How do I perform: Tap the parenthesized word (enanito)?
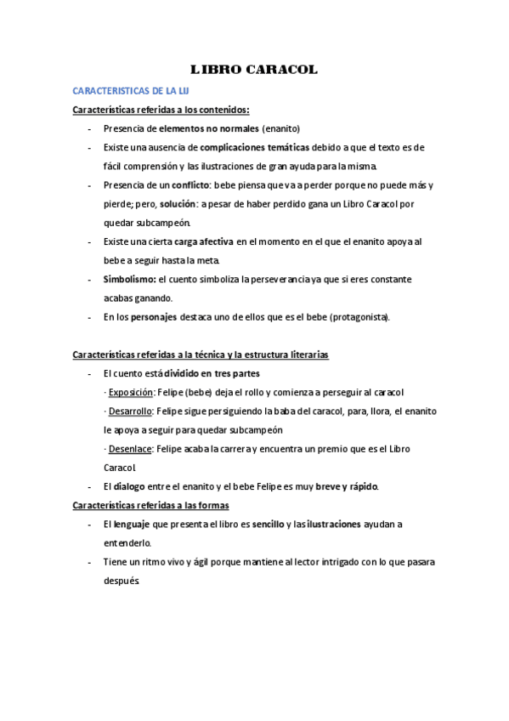coord(281,128)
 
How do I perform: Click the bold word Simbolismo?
coord(128,279)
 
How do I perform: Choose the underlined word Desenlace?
coord(130,448)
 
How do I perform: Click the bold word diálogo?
coord(129,486)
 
